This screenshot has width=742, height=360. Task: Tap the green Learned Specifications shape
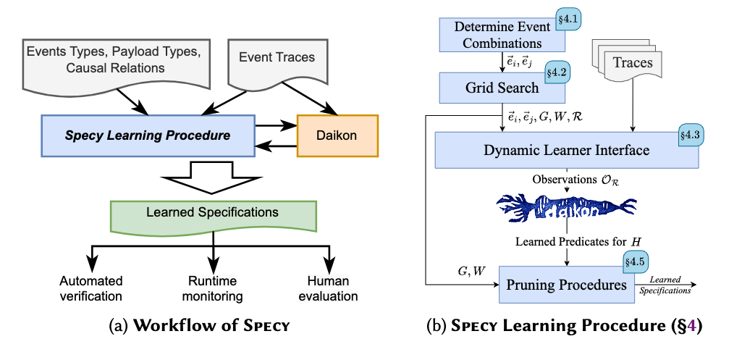tap(213, 215)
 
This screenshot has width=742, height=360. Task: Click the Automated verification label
tap(90, 288)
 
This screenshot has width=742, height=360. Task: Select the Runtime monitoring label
tap(212, 288)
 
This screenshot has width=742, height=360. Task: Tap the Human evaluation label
tap(330, 288)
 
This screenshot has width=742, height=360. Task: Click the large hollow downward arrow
tap(213, 177)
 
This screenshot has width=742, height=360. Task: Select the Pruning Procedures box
tap(565, 285)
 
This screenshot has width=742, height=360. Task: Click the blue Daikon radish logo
tap(566, 207)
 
